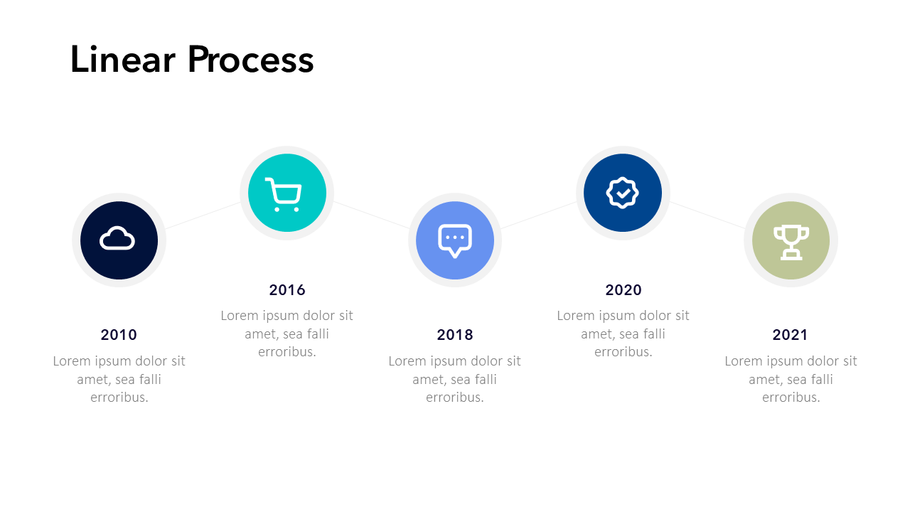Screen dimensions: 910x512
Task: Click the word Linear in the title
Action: pyautogui.click(x=123, y=59)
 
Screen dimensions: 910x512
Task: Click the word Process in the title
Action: pyautogui.click(x=251, y=59)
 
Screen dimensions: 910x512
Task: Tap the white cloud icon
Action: pyautogui.click(x=117, y=238)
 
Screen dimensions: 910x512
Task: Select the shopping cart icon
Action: pyautogui.click(x=284, y=195)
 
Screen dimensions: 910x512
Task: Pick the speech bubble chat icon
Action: pyautogui.click(x=455, y=240)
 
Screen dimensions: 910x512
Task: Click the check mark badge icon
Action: pyautogui.click(x=622, y=193)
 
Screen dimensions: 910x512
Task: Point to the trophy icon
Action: pyautogui.click(x=791, y=242)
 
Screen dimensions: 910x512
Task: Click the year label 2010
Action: pyautogui.click(x=119, y=335)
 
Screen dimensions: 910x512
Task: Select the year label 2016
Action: pyautogui.click(x=287, y=290)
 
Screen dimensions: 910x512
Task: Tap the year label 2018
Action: pyautogui.click(x=455, y=335)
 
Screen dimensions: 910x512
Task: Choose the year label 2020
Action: pyautogui.click(x=623, y=290)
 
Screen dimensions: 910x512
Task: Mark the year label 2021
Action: pyautogui.click(x=790, y=335)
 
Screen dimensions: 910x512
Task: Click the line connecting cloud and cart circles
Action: pyautogui.click(x=203, y=215)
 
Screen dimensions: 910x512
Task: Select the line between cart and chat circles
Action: pyautogui.click(x=371, y=215)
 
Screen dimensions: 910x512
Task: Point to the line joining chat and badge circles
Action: pyautogui.click(x=539, y=215)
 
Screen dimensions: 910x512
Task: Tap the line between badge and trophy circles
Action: pyautogui.click(x=707, y=215)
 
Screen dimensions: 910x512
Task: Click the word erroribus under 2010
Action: pyautogui.click(x=118, y=398)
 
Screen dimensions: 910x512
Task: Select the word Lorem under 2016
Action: pyautogui.click(x=240, y=316)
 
